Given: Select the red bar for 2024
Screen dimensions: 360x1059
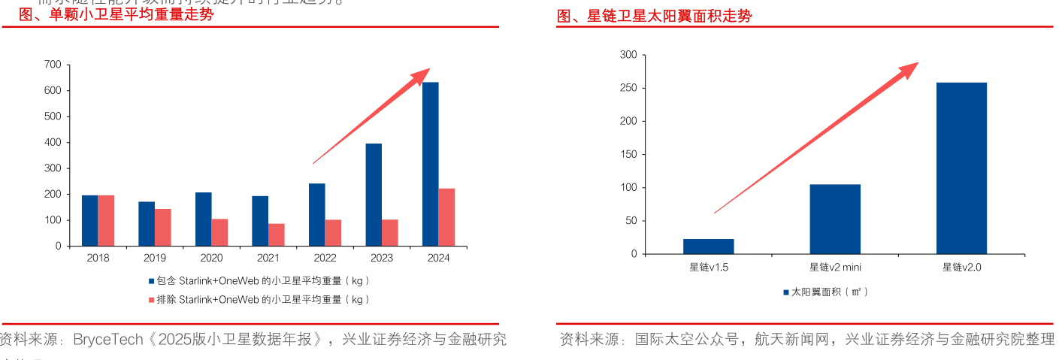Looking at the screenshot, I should point(446,217).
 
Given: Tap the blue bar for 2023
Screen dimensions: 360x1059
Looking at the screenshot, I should point(374,195).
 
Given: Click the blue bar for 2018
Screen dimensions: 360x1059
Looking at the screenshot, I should point(89,220).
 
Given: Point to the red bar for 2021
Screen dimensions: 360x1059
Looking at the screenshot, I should point(277,234).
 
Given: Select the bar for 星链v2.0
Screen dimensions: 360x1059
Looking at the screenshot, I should point(961,168).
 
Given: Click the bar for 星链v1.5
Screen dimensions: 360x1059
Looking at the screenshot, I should point(708,247).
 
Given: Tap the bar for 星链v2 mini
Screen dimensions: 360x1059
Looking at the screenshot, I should point(834,219).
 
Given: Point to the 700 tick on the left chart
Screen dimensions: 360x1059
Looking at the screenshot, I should point(53,65).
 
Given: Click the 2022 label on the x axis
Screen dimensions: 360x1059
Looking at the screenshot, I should point(325,258).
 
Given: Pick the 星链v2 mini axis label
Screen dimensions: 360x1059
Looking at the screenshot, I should point(834,267).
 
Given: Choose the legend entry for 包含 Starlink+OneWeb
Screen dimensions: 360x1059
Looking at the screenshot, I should point(259,280).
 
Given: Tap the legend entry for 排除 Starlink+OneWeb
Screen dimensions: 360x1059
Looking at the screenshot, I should point(259,299).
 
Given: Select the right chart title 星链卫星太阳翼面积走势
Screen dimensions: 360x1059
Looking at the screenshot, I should point(654,16).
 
